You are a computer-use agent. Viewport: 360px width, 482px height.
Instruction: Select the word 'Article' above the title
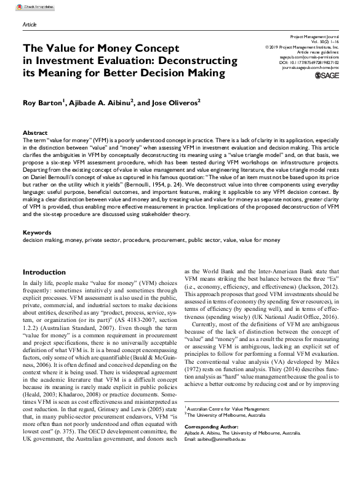click(x=30, y=25)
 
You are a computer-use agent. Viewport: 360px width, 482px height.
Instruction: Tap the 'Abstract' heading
click(x=35, y=133)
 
